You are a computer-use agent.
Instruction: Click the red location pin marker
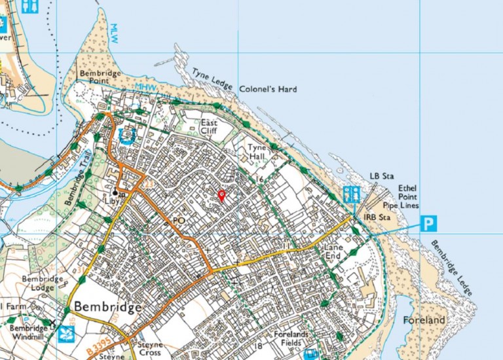coord(221,194)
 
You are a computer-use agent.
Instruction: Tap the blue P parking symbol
coord(428,224)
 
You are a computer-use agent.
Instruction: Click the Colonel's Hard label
coord(268,89)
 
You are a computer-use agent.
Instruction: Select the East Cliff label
coord(209,126)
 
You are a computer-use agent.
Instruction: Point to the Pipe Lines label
coord(407,206)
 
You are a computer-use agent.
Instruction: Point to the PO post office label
coord(178,222)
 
